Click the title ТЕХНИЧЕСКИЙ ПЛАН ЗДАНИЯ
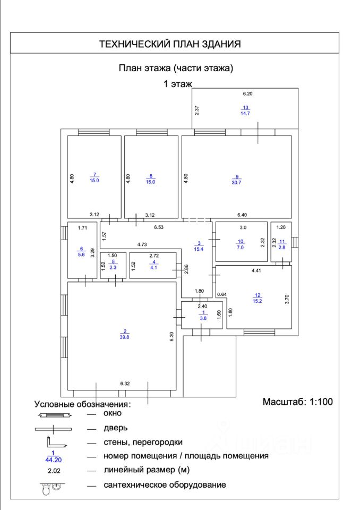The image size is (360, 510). click(x=170, y=44)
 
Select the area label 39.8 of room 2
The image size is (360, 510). click(x=125, y=336)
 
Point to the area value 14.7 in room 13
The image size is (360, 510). click(x=245, y=113)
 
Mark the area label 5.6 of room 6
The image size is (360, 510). click(x=81, y=254)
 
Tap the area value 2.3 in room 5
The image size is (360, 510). click(x=112, y=268)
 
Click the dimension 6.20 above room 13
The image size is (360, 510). click(x=248, y=93)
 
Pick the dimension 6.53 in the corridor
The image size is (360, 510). click(x=159, y=227)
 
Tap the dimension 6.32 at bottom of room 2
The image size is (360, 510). click(x=125, y=383)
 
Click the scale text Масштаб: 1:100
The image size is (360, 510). click(x=297, y=402)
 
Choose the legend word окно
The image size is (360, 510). click(x=113, y=413)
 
